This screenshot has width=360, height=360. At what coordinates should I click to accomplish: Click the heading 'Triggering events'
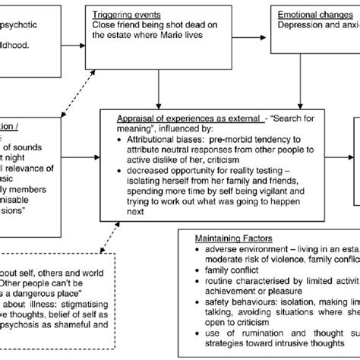pyautogui.click(x=135, y=14)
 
